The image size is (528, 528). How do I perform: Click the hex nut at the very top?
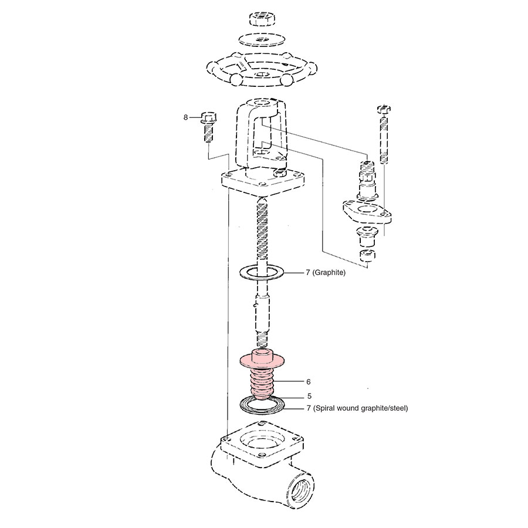coord(262,19)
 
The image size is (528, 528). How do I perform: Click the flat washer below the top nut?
coord(262,39)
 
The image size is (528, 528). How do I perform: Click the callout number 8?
coord(186,117)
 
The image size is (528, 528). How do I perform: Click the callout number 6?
coord(308,381)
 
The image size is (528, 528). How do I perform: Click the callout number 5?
coord(308,396)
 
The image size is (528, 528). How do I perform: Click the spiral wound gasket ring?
coord(262,405)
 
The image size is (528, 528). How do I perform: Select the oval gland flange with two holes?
coord(367,211)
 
